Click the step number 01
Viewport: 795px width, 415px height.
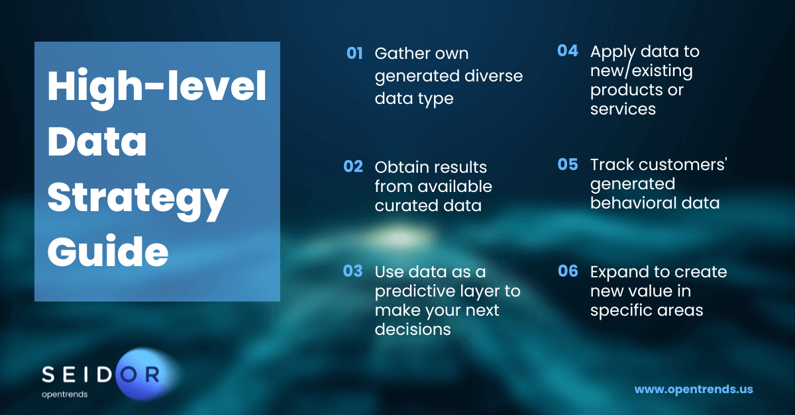354,53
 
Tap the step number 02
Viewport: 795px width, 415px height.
353,166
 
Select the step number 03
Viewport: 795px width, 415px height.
352,271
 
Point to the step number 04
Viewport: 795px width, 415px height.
568,51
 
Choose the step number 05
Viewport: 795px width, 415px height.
568,164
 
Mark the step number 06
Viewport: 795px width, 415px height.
568,271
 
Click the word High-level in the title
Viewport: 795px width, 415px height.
157,87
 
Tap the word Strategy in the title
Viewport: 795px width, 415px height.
138,199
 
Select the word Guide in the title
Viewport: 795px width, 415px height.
108,250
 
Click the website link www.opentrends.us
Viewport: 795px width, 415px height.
694,389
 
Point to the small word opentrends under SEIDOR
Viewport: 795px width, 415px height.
65,394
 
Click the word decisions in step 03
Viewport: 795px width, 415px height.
413,329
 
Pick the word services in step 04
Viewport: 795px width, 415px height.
623,109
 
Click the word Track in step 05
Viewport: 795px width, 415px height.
612,165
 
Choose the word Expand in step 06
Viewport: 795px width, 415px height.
619,273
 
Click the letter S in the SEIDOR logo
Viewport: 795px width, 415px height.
48,374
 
